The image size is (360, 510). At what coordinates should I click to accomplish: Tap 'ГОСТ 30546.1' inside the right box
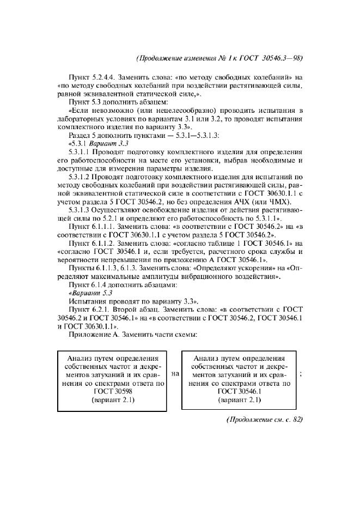pos(240,391)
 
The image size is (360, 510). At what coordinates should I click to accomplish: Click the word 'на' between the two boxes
pos(175,374)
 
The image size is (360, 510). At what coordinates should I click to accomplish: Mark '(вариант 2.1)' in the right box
pos(240,400)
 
